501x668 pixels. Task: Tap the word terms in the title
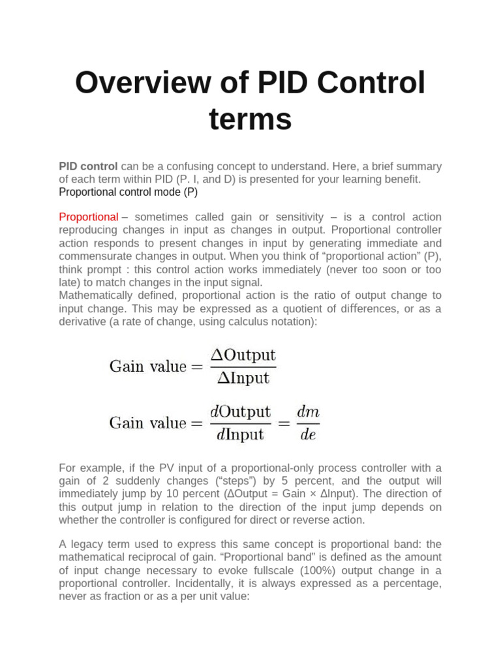pyautogui.click(x=250, y=119)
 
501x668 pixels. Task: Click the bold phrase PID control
pyautogui.click(x=88, y=166)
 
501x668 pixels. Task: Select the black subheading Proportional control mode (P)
pyautogui.click(x=128, y=192)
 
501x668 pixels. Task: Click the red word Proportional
pyautogui.click(x=89, y=217)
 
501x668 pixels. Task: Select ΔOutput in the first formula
pyautogui.click(x=243, y=356)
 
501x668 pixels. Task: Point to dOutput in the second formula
pyautogui.click(x=240, y=412)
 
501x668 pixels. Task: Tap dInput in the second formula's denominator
pyautogui.click(x=240, y=434)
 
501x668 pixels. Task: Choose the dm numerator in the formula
pyautogui.click(x=308, y=412)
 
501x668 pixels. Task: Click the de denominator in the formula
pyautogui.click(x=308, y=434)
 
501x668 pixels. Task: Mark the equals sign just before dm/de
pyautogui.click(x=284, y=423)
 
